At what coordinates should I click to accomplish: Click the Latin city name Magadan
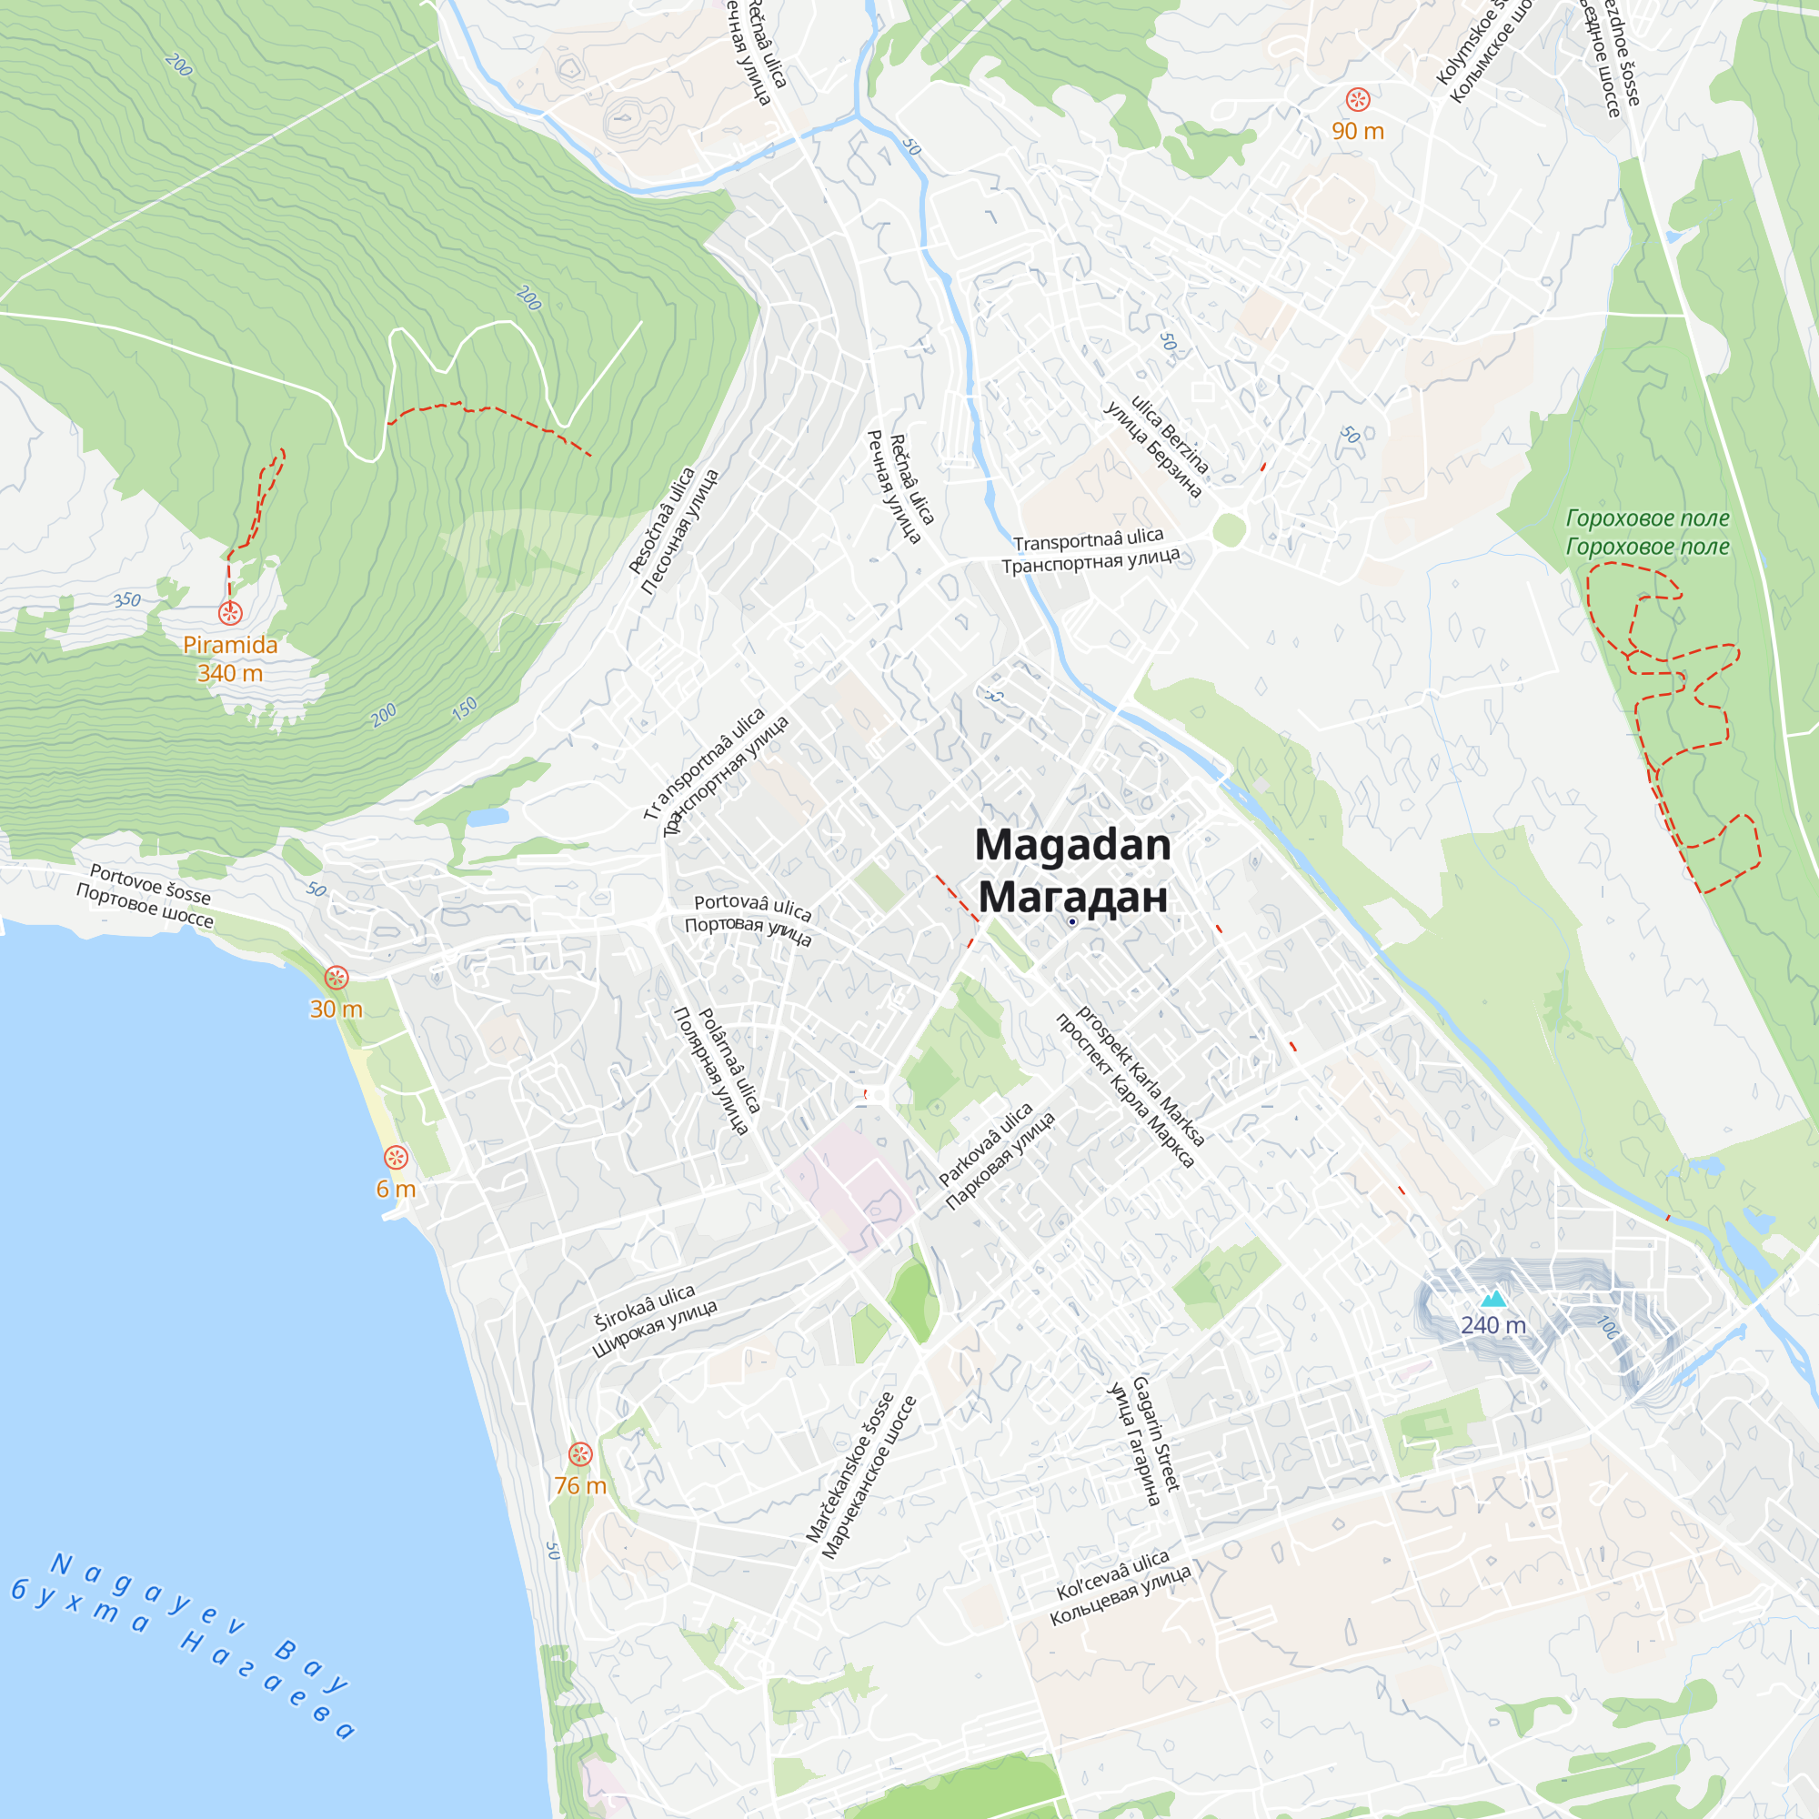click(x=1072, y=845)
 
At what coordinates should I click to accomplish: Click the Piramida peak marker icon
click(x=230, y=613)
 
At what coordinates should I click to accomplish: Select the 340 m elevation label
click(x=230, y=673)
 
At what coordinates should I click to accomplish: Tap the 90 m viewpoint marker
click(x=1357, y=99)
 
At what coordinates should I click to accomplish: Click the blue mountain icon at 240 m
click(x=1492, y=1300)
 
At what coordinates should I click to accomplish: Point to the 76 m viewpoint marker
click(x=580, y=1453)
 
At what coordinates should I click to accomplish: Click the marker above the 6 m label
click(x=396, y=1157)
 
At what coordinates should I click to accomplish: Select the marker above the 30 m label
click(x=337, y=978)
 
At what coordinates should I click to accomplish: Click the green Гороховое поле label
click(x=1647, y=518)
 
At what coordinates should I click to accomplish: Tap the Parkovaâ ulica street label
click(x=985, y=1144)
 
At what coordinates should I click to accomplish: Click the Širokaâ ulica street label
click(x=644, y=1307)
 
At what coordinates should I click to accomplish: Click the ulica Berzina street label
click(x=1171, y=434)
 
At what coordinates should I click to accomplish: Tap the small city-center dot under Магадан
click(x=1071, y=921)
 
